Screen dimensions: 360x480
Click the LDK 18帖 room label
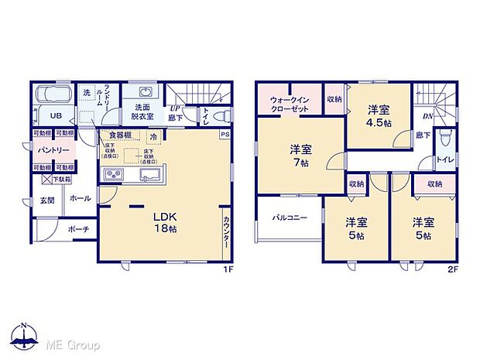point(162,223)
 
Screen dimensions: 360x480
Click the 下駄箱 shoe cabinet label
point(60,180)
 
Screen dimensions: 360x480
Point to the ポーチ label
point(77,228)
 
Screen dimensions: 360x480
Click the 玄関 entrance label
point(46,201)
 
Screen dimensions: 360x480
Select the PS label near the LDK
point(225,135)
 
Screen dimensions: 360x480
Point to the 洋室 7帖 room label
point(301,155)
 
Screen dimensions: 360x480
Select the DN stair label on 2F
point(427,116)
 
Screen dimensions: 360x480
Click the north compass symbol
point(24,335)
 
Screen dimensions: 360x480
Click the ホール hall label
point(81,198)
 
